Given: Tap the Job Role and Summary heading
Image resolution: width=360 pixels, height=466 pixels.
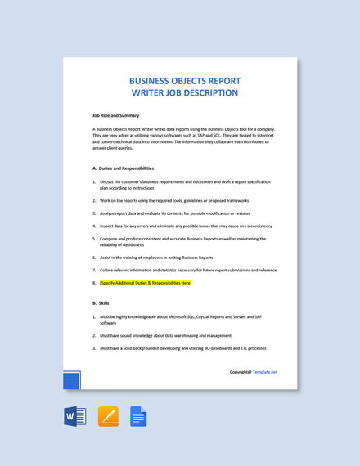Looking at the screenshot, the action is point(115,116).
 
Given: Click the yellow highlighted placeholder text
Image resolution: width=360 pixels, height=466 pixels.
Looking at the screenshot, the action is point(146,283).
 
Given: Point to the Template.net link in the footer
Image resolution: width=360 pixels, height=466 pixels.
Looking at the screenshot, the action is point(265,372).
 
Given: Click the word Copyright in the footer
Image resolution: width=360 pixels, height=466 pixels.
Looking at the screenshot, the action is point(240,372).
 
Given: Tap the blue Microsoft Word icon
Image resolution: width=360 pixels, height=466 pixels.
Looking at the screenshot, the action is point(74,417).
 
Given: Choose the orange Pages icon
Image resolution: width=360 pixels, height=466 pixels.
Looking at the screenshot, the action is point(108,417).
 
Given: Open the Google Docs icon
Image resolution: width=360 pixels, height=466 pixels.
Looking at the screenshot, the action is point(138,417).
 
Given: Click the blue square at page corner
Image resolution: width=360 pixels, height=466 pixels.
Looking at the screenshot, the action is point(72,381).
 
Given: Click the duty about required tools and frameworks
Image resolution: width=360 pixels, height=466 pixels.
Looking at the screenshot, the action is point(174,200).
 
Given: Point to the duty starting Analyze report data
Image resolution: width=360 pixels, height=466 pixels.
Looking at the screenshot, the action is point(174,213).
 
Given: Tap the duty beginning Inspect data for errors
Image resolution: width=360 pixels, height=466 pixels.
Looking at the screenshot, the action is point(186,226).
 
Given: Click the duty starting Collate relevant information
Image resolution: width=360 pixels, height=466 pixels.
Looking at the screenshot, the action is point(188,270).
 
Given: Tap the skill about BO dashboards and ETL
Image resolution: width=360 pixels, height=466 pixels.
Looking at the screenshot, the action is point(182,348).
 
